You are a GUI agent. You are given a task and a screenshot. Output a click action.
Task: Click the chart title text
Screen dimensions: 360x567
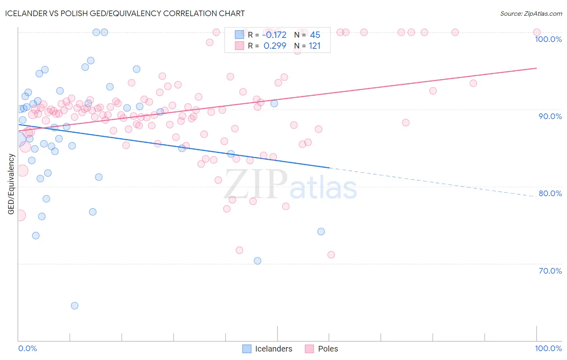[125, 13]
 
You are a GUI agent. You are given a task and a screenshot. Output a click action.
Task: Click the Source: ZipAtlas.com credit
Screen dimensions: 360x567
[531, 13]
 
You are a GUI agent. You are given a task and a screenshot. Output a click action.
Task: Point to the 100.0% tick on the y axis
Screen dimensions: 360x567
[548, 39]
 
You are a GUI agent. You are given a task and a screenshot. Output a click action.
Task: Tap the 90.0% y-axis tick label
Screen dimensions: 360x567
[550, 116]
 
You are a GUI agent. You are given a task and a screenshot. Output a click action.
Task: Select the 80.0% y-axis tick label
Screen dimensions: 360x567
[550, 193]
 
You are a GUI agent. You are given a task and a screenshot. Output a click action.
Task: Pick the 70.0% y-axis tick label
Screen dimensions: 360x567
[550, 271]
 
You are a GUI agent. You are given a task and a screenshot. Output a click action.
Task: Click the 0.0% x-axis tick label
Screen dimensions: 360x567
[27, 348]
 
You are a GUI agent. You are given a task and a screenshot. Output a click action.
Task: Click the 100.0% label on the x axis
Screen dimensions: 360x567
[548, 348]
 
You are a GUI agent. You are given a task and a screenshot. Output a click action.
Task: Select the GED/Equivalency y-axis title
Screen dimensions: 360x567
[11, 184]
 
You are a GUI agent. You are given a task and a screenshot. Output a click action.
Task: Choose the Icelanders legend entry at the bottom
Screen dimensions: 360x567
[267, 349]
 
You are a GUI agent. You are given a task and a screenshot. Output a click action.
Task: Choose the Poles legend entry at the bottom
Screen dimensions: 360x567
[321, 349]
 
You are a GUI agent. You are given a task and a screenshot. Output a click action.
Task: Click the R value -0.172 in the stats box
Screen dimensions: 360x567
[274, 35]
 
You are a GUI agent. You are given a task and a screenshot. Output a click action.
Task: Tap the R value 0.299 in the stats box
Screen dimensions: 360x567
[275, 46]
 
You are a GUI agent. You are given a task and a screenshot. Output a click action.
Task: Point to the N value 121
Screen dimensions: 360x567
[315, 46]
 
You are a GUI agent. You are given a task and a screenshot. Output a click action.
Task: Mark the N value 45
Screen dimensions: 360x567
[315, 35]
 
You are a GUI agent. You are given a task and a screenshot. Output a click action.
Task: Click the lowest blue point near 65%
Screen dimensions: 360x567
[75, 306]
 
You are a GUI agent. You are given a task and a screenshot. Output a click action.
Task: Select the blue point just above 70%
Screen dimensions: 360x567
[258, 261]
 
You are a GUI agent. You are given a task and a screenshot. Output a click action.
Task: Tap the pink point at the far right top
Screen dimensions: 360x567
[537, 32]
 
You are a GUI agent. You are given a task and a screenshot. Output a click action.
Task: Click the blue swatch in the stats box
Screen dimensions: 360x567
[240, 35]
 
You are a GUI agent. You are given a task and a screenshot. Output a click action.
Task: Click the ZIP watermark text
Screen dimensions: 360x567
[256, 184]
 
